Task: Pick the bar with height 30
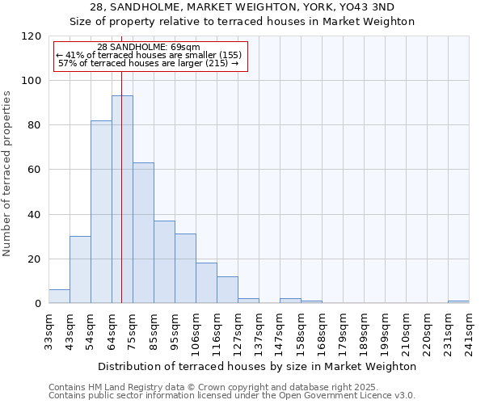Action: (80, 270)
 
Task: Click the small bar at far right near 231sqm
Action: (458, 301)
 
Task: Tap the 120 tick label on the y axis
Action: (31, 36)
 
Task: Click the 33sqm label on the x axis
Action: (48, 329)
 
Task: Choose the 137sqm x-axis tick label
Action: (259, 331)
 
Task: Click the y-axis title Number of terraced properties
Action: (8, 174)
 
